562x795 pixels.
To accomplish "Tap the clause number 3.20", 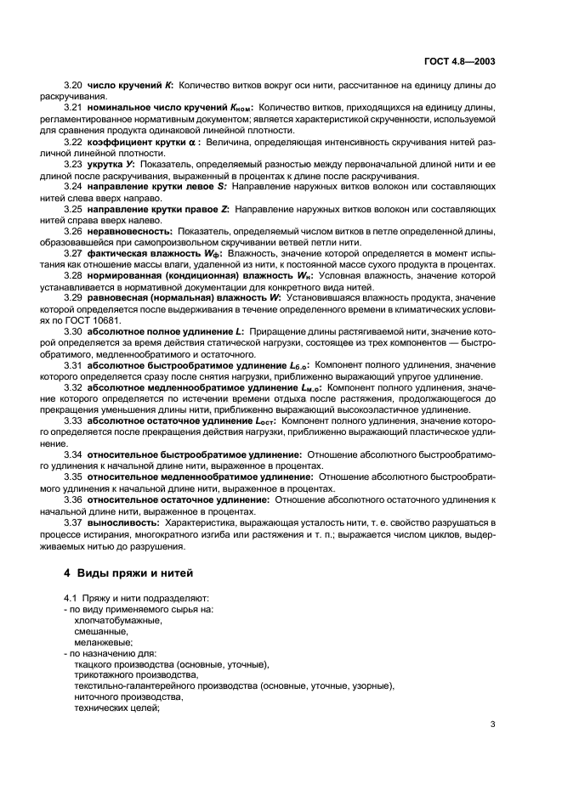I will coord(74,87).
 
